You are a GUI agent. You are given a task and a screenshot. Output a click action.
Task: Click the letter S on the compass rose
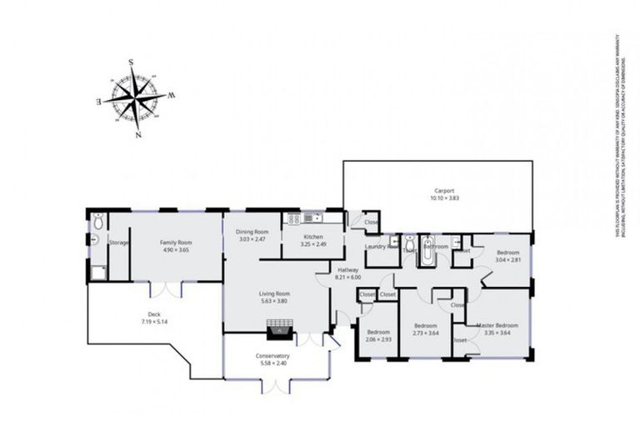click(x=132, y=61)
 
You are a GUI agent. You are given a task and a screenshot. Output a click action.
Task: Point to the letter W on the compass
click(x=172, y=95)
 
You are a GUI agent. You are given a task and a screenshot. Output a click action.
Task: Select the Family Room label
click(x=176, y=243)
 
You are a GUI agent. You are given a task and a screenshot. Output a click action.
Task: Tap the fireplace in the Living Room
click(x=277, y=332)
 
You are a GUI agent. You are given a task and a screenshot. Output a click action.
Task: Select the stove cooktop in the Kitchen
click(x=294, y=219)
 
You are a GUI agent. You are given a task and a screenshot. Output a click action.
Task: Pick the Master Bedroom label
click(x=497, y=324)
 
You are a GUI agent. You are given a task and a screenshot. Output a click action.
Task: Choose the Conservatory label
click(x=272, y=356)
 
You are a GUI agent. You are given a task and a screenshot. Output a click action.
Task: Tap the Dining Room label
click(x=252, y=232)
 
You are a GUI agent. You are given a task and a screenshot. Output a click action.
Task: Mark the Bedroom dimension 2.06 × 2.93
click(x=378, y=339)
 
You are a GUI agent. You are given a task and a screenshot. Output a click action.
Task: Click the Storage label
click(x=118, y=243)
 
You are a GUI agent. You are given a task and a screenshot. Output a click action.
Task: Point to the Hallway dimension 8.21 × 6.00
click(x=348, y=277)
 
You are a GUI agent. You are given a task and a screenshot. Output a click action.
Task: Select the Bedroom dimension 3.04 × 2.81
click(x=508, y=259)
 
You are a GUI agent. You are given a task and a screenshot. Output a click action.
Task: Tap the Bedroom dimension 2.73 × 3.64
click(x=426, y=333)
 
